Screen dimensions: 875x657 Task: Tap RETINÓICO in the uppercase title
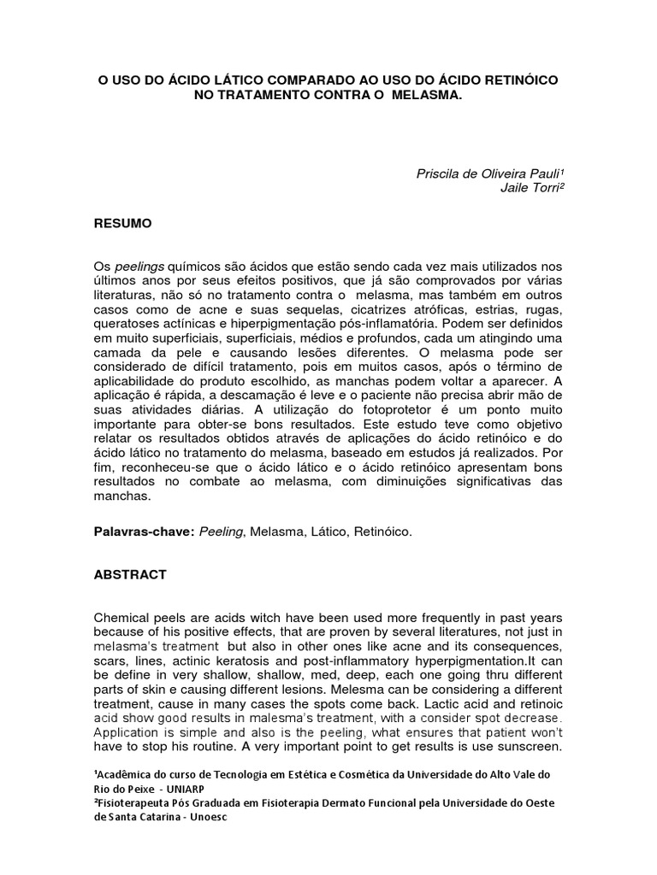click(x=517, y=79)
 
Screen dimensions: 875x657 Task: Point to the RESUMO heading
click(x=122, y=223)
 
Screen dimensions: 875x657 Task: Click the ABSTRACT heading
click(x=130, y=575)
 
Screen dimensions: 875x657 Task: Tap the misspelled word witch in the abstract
click(x=269, y=618)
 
